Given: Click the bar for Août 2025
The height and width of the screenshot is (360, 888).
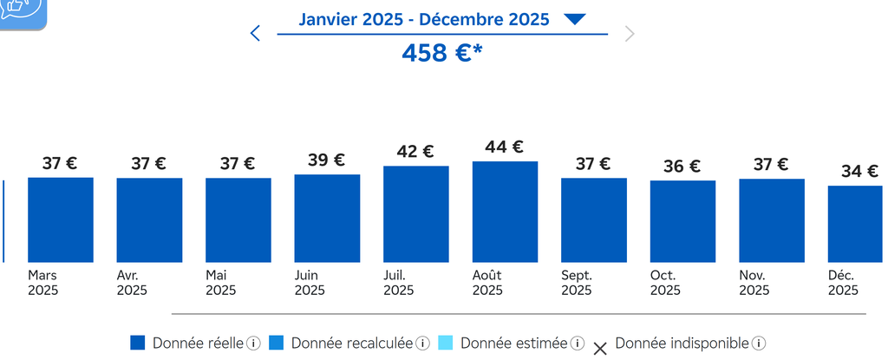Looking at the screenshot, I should coord(505,212).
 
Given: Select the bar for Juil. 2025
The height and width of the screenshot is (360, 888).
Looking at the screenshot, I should coord(415,213).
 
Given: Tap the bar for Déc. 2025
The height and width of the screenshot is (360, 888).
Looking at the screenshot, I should coord(855,224).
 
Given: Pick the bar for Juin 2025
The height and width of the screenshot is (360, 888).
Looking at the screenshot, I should coord(327,218).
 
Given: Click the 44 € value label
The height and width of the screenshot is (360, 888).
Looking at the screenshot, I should coord(505,147).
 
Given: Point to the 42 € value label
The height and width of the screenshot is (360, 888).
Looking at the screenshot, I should coord(415,152).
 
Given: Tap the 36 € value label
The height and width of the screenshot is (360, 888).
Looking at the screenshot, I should coord(682,167).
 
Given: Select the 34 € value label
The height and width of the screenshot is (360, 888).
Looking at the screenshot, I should coord(859,171).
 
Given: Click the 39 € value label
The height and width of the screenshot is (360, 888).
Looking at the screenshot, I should coord(327,160).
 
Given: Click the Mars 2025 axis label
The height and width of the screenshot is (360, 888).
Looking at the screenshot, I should coord(43,283).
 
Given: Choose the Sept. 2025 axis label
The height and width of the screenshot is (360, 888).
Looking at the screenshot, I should coord(578,283).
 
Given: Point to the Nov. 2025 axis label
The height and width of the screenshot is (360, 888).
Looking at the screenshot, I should coord(754,283).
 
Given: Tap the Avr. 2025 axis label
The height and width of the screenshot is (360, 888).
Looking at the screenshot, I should coord(132,283).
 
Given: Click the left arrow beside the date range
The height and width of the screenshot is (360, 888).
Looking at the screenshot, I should coord(255,34).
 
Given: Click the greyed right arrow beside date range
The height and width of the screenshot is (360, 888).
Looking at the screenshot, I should coord(630,34).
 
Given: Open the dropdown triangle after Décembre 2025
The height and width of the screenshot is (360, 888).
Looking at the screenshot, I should coord(575,19).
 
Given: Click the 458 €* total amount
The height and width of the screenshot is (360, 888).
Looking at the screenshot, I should coord(442,53).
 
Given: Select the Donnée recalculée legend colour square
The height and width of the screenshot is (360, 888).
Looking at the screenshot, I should coord(277,343).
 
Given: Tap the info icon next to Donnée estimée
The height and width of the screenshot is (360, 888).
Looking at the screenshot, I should coord(578,343).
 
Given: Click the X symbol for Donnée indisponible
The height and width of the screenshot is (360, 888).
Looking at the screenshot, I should coord(600,349).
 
